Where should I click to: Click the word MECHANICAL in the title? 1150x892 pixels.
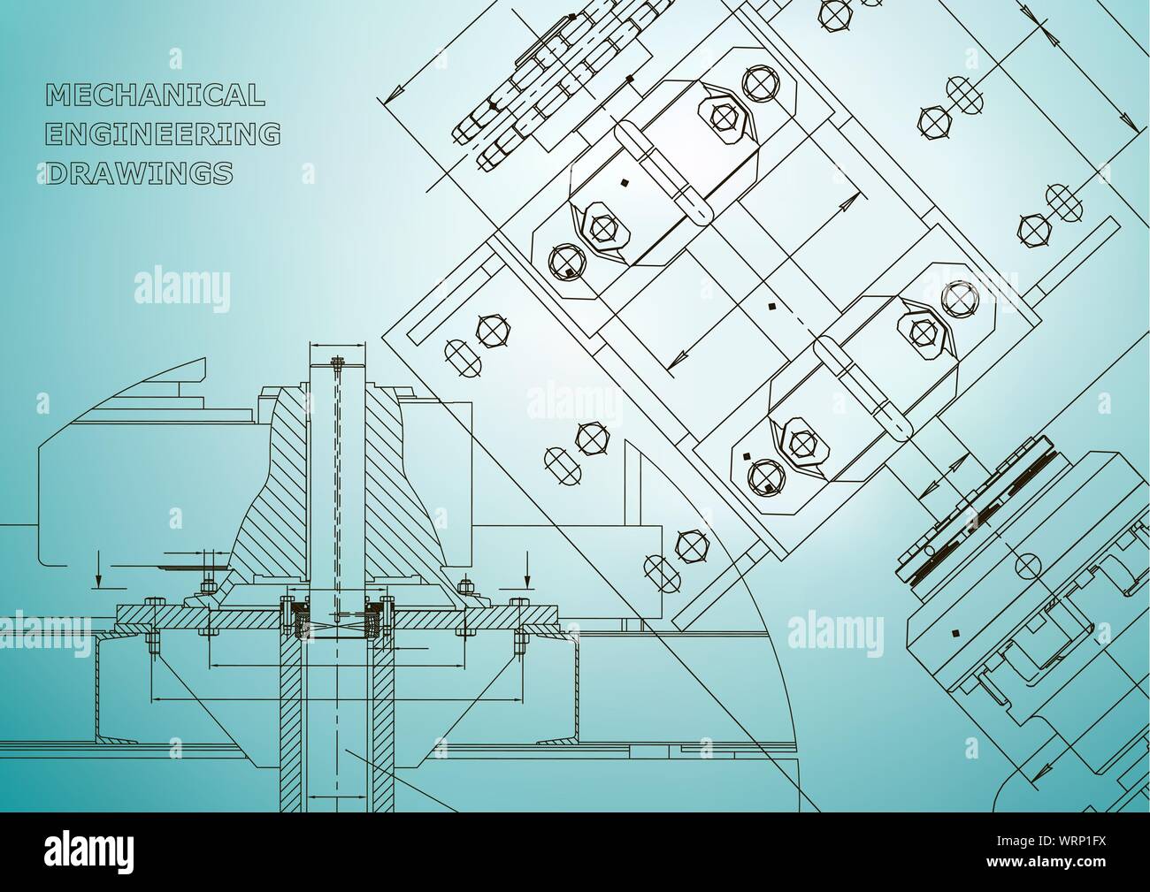pyautogui.click(x=156, y=95)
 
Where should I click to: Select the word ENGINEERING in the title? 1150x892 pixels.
pyautogui.click(x=163, y=133)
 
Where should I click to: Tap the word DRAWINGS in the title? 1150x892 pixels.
pyautogui.click(x=139, y=173)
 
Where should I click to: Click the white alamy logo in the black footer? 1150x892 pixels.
pyautogui.click(x=89, y=851)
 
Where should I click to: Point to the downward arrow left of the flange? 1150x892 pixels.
pyautogui.click(x=97, y=570)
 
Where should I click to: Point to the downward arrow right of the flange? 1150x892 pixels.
pyautogui.click(x=527, y=570)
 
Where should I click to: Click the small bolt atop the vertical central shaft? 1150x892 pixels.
pyautogui.click(x=336, y=362)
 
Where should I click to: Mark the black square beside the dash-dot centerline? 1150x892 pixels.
pyautogui.click(x=772, y=306)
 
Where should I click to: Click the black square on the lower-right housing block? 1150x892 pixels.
pyautogui.click(x=955, y=632)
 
